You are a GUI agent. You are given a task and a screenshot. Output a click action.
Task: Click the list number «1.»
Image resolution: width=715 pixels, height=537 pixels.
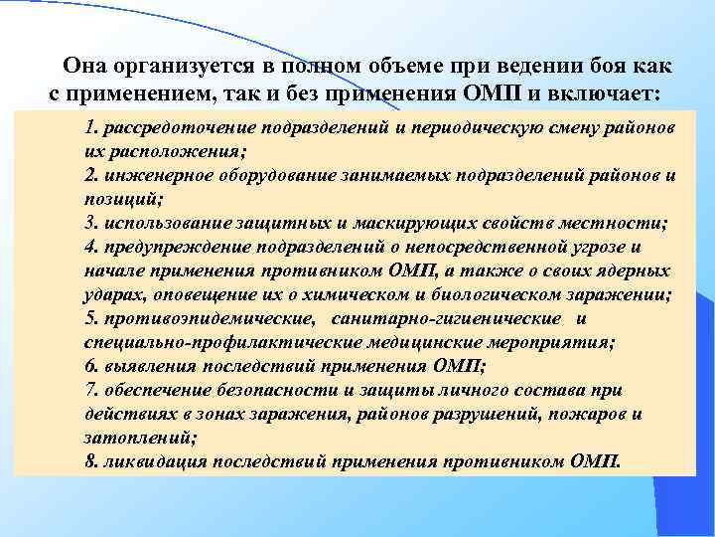[x=92, y=129]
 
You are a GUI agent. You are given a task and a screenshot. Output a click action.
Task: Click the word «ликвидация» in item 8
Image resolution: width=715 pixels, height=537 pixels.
[x=153, y=460]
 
